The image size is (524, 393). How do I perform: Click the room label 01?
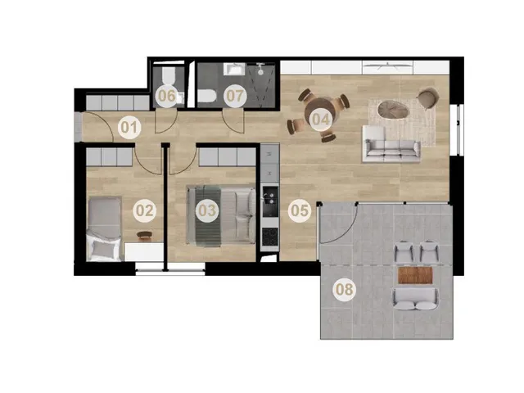(x=129, y=128)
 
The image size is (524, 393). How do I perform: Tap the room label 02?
(x=145, y=211)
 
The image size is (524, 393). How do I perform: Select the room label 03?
(x=207, y=211)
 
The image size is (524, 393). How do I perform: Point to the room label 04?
(x=320, y=120)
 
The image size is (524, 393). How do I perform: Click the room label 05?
(x=300, y=211)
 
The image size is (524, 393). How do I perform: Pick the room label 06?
(x=167, y=96)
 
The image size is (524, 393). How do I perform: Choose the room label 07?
(x=235, y=96)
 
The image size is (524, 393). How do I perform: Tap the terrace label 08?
(x=344, y=289)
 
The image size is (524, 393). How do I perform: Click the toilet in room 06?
(x=168, y=76)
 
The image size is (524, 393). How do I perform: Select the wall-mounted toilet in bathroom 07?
(x=206, y=97)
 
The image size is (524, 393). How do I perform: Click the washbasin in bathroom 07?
(x=235, y=70)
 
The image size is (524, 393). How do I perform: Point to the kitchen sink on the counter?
(x=270, y=196)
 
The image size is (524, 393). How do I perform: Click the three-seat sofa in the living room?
(x=391, y=148)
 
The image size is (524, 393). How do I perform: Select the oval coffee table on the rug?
(x=394, y=110)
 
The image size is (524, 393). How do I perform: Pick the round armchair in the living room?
(x=427, y=97)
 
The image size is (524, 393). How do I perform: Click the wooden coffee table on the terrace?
(x=415, y=275)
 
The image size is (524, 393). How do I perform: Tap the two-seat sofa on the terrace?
(x=416, y=299)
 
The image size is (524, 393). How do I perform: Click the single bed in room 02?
(x=104, y=229)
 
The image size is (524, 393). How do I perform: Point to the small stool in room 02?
(x=144, y=235)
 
